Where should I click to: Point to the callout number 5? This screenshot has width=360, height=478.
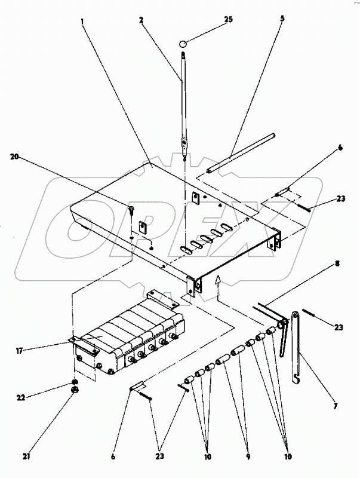282,18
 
